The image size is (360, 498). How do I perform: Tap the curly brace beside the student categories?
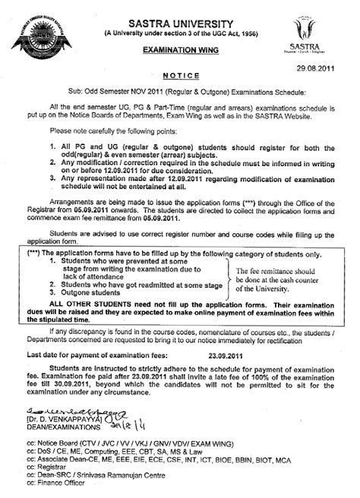tap(227, 275)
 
